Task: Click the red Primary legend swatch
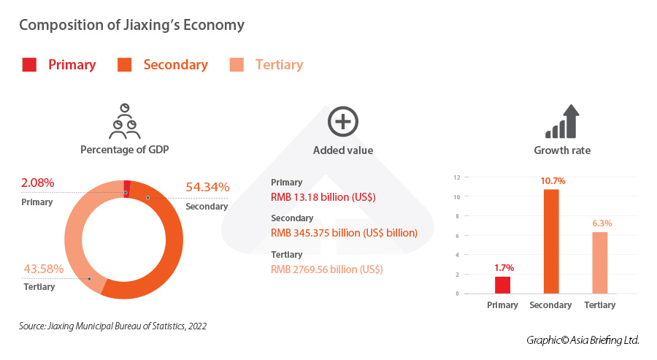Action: click(29, 65)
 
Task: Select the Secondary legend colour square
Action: click(124, 65)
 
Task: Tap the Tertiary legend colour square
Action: click(237, 65)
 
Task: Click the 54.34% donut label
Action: click(207, 188)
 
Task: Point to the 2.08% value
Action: click(38, 183)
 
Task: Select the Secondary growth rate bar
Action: click(551, 241)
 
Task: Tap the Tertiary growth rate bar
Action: click(599, 262)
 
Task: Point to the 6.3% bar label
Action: click(599, 223)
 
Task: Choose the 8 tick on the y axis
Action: click(456, 216)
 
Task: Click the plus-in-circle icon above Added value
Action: click(342, 122)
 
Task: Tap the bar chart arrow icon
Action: click(562, 122)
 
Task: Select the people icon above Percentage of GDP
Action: click(124, 121)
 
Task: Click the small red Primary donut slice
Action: click(128, 186)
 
